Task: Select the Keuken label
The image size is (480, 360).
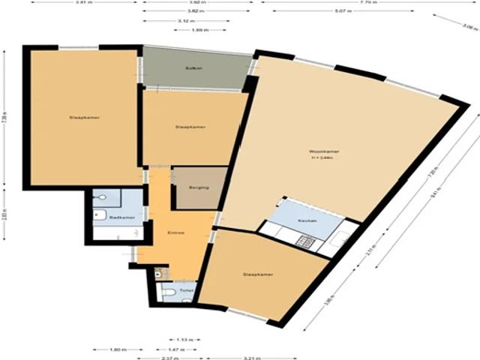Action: point(306,221)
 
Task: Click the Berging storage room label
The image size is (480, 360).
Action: point(199,187)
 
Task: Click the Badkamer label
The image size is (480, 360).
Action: point(121,217)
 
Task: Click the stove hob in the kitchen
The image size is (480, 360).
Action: point(305,241)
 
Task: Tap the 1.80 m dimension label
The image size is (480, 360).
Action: point(117,349)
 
